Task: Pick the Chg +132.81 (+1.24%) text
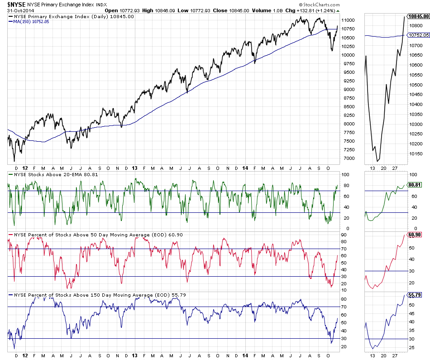tap(308, 10)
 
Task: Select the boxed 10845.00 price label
tap(418, 16)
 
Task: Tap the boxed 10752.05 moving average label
tap(418, 35)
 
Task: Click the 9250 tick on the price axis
tap(349, 81)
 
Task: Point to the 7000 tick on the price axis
tap(349, 158)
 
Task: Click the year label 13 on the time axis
tap(134, 168)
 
